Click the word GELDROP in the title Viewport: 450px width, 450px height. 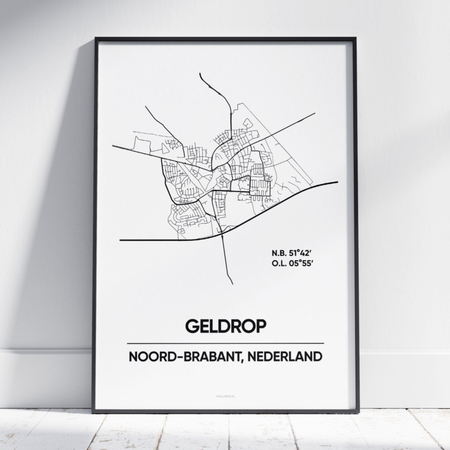pyautogui.click(x=225, y=326)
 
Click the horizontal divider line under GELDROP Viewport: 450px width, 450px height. pyautogui.click(x=225, y=343)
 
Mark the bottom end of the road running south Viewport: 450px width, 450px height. pyautogui.click(x=232, y=284)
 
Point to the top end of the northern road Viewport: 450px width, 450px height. pyautogui.click(x=200, y=74)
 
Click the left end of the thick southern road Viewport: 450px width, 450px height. pyautogui.click(x=121, y=240)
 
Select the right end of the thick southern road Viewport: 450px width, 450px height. pyautogui.click(x=337, y=182)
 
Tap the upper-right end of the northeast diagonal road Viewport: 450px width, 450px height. pyautogui.click(x=315, y=114)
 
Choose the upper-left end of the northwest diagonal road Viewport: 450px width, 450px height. pyautogui.click(x=145, y=107)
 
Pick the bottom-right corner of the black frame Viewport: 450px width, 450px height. pyautogui.click(x=358, y=411)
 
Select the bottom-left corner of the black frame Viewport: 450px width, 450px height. pyautogui.click(x=93, y=411)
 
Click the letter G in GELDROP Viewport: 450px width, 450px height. pyautogui.click(x=192, y=326)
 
